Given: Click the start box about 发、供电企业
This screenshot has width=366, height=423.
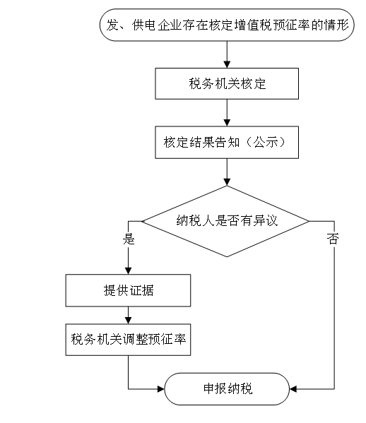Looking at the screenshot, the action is coord(227,25).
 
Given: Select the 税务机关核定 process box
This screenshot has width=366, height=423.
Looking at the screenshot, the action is coord(227,83).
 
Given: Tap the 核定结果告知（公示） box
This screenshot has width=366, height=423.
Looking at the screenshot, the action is coord(227,142).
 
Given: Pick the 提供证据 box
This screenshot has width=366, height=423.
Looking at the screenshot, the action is coord(128,290).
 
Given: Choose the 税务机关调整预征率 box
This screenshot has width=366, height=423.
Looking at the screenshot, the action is coord(128,340).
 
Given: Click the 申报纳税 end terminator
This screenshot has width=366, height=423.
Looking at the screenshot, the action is coord(227,388).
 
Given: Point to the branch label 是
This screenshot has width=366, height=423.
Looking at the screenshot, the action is coord(129,239).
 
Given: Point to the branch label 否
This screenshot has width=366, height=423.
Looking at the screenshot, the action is coord(333,239).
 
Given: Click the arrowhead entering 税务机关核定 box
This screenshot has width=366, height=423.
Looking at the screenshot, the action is coord(227,64).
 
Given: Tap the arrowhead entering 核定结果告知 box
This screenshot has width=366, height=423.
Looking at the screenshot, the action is coord(227,122).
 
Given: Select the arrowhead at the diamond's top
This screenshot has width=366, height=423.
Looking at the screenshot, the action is coord(227,182).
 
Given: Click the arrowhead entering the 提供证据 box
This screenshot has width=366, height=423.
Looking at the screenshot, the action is coord(128,271).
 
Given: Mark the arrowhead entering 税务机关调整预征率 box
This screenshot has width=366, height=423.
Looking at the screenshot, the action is coord(128,321).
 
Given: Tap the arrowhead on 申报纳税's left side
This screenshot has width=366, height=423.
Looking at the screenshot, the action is coord(161,389).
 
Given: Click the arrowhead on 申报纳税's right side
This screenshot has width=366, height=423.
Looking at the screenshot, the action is coord(293,389).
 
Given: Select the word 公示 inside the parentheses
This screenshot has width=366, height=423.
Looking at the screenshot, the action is coord(266,142).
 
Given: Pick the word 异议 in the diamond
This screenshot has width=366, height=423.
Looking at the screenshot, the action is coord(266,220).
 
